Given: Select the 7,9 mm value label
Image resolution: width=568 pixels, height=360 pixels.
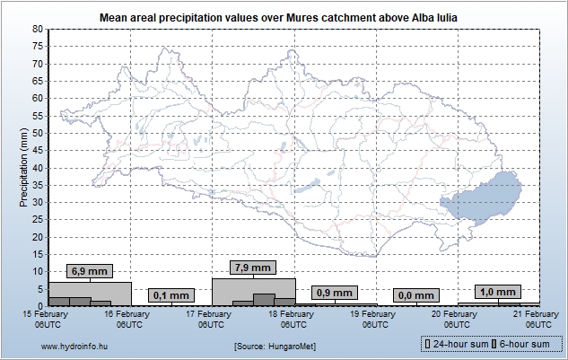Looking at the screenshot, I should pyautogui.click(x=252, y=268).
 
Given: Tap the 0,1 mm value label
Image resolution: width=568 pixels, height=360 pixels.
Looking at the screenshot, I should pyautogui.click(x=170, y=294).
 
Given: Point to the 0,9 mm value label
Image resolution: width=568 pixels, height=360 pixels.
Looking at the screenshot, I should pyautogui.click(x=335, y=293).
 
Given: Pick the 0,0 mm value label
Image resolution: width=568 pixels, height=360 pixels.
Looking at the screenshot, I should pyautogui.click(x=415, y=294).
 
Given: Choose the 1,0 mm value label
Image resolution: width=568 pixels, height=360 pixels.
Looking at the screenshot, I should pyautogui.click(x=497, y=292).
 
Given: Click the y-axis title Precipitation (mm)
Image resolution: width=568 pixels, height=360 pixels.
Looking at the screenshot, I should pyautogui.click(x=24, y=167).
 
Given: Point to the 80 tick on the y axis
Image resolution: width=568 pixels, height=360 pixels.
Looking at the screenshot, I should pyautogui.click(x=37, y=29).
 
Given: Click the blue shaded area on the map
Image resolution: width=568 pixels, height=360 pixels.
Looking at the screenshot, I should pyautogui.click(x=485, y=196).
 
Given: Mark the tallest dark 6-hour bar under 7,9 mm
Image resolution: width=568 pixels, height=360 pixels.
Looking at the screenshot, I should pyautogui.click(x=263, y=300).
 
